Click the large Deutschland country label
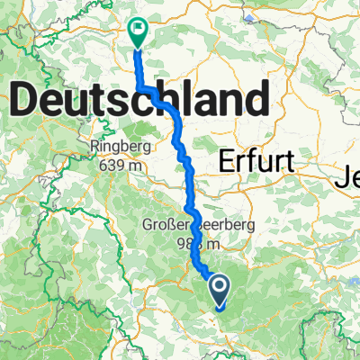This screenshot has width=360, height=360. pyautogui.click(x=139, y=97)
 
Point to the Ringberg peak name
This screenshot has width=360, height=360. pyautogui.click(x=118, y=146)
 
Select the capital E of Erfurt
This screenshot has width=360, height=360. pyautogui.click(x=224, y=161)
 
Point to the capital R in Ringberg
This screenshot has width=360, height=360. pyautogui.click(x=94, y=146)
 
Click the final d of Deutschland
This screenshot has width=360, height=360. pyautogui.click(x=259, y=97)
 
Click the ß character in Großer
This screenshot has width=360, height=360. pyautogui.click(x=170, y=224)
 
